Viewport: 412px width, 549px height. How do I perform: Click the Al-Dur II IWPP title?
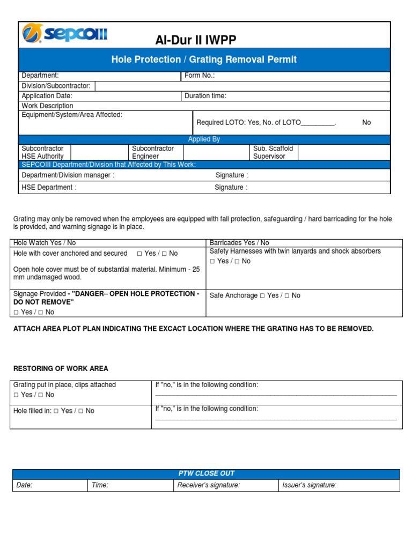(195, 40)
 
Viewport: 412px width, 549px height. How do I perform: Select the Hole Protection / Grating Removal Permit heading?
(204, 60)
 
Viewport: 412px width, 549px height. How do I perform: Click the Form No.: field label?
(200, 76)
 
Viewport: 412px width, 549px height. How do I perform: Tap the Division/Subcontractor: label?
(56, 86)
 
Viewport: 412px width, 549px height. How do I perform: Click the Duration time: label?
(205, 96)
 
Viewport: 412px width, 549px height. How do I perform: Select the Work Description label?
(47, 106)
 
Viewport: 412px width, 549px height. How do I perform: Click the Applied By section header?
(204, 139)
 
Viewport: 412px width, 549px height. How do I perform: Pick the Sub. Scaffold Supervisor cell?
(273, 152)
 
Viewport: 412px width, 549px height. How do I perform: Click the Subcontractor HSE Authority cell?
(42, 152)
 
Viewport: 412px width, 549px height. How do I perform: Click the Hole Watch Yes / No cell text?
(45, 243)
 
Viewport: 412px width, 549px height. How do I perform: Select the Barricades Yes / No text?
(239, 243)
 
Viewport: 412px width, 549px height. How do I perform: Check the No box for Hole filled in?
(80, 411)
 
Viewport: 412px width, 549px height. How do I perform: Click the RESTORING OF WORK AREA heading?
(61, 368)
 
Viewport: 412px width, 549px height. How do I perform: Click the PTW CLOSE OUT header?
(206, 473)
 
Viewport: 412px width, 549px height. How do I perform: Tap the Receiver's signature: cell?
(209, 485)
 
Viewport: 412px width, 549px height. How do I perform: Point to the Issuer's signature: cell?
(310, 485)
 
